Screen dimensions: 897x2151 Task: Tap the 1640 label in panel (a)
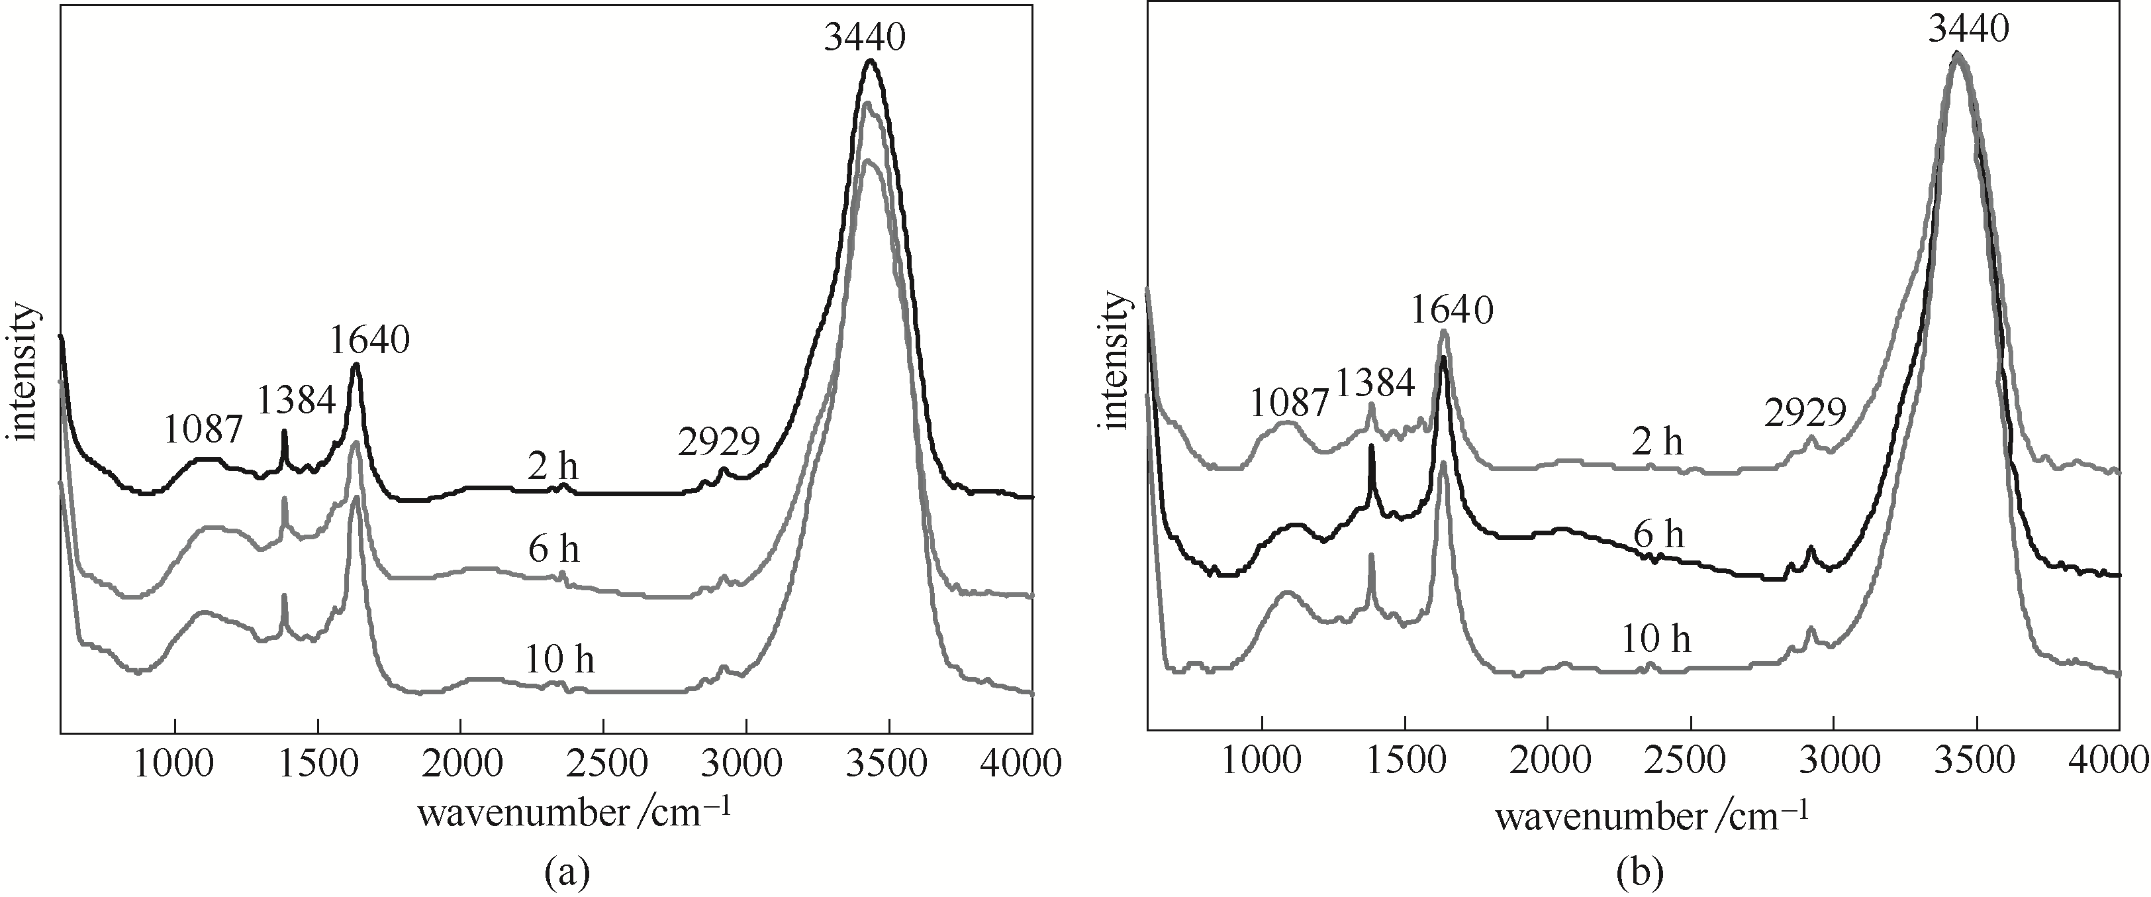tap(369, 340)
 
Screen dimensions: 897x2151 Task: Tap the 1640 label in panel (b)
tap(1452, 311)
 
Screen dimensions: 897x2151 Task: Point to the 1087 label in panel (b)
tap(1289, 403)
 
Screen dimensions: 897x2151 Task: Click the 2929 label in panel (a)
tap(719, 441)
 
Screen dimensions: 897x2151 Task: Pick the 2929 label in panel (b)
tap(1805, 412)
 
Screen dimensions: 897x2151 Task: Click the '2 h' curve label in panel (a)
tap(553, 467)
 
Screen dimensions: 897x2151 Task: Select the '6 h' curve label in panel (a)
tap(553, 550)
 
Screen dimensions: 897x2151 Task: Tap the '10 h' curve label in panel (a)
tap(560, 660)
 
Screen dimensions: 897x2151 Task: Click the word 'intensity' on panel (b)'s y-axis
tap(1116, 361)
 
